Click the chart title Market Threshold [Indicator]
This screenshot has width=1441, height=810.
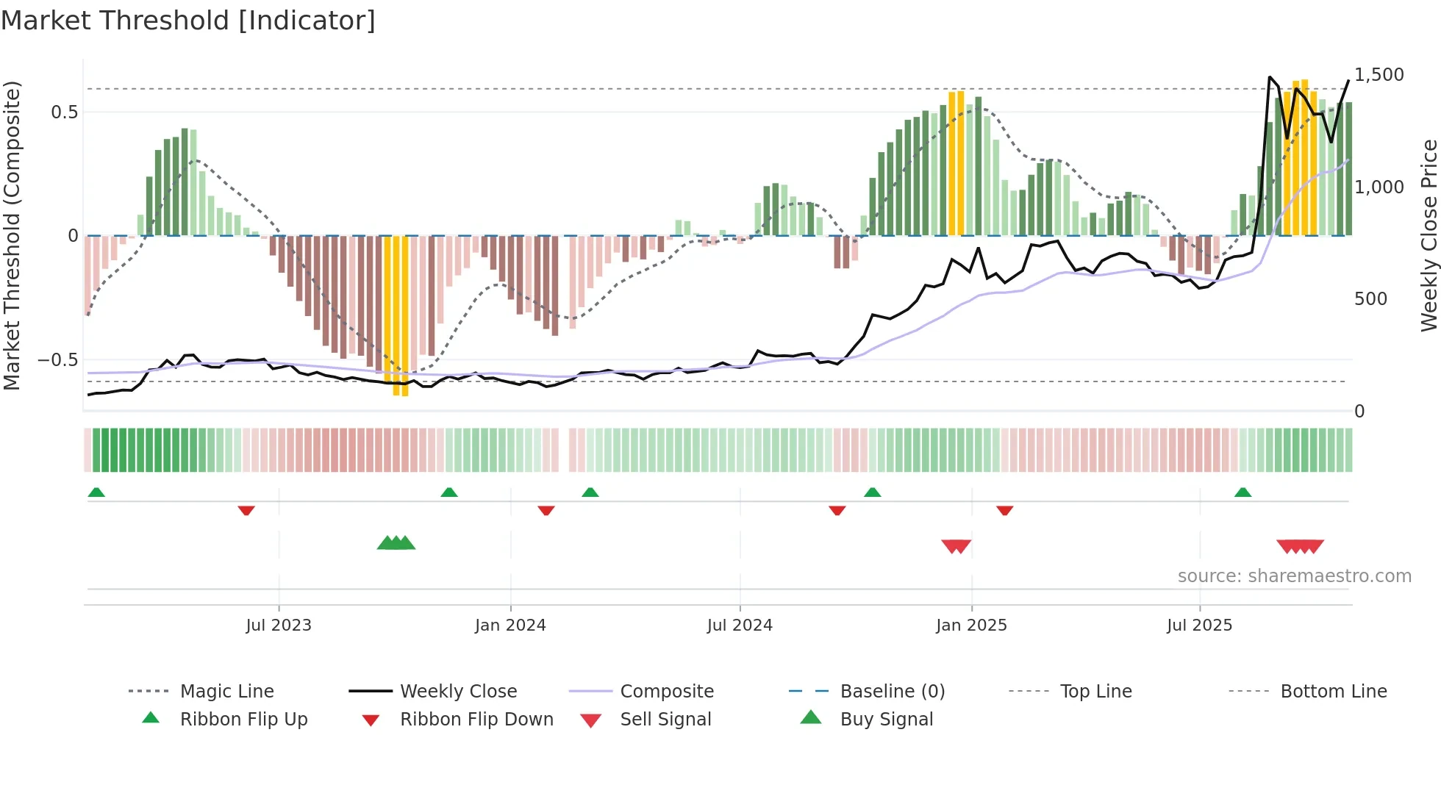(188, 21)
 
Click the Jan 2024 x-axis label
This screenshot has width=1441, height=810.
(510, 626)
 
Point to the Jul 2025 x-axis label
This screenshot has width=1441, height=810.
(1199, 626)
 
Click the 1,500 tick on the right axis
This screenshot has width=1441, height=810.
(1379, 75)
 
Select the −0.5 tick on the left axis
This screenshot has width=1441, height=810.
(58, 360)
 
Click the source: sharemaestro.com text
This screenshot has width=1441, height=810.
(1294, 576)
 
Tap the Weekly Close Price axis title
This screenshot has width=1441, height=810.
(1429, 235)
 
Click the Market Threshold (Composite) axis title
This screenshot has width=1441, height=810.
(12, 235)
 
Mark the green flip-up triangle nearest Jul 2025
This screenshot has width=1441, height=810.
(1242, 492)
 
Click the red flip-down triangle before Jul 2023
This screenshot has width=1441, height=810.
(246, 510)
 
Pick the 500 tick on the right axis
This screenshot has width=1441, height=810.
(1370, 299)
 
